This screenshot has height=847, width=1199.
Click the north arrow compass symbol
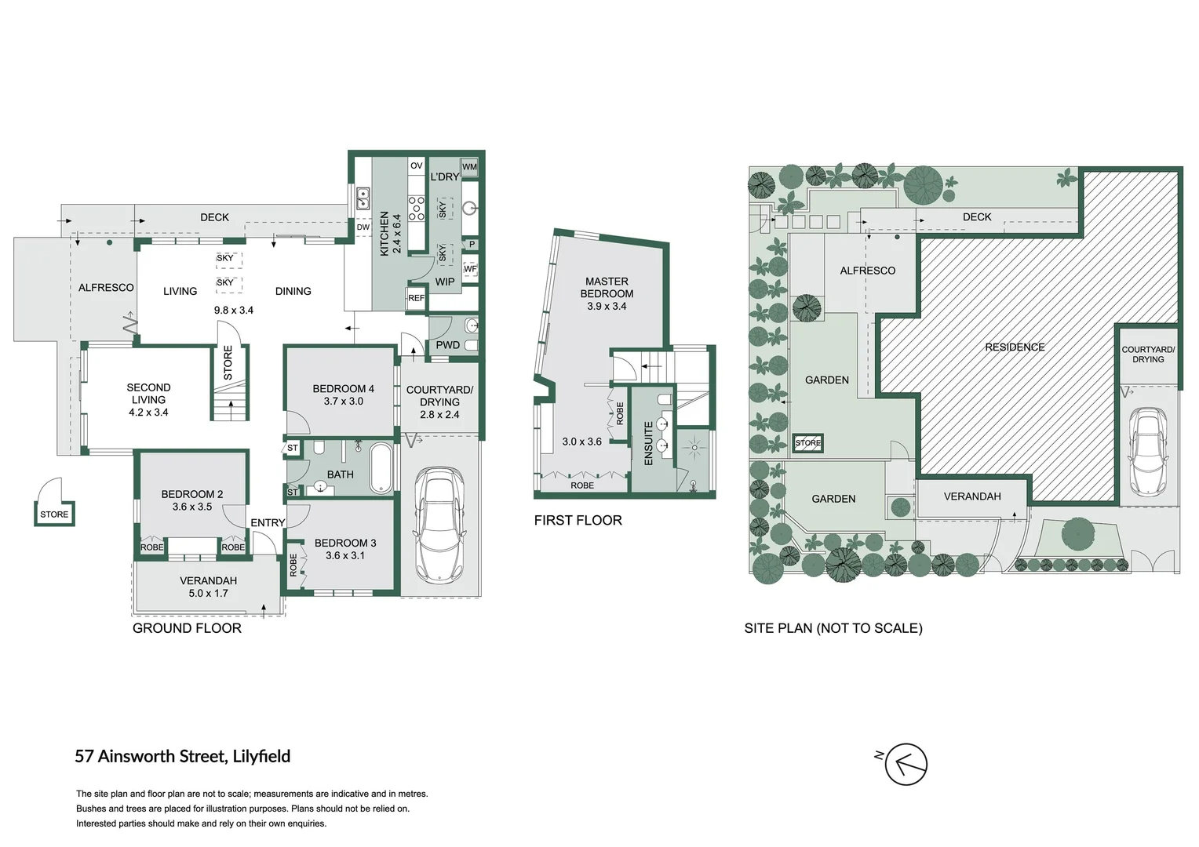906,764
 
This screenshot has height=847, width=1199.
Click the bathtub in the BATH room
381,469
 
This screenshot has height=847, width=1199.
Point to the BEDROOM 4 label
343,389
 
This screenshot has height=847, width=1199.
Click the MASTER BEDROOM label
607,287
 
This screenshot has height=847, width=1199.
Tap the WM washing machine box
469,167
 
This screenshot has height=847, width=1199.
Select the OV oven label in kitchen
417,166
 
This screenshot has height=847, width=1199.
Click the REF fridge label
416,298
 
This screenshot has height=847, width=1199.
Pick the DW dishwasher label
363,227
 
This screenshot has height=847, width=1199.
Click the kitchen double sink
363,198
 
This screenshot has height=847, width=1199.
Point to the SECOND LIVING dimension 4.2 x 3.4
148,413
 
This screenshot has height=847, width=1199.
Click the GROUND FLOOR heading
187,628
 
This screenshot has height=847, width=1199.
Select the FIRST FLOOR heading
578,521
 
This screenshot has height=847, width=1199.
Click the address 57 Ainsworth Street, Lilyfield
182,756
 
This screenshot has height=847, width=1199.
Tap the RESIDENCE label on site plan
1015,347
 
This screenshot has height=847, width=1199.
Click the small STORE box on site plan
807,443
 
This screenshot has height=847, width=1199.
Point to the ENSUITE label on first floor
649,444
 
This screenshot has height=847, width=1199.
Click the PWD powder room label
447,345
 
